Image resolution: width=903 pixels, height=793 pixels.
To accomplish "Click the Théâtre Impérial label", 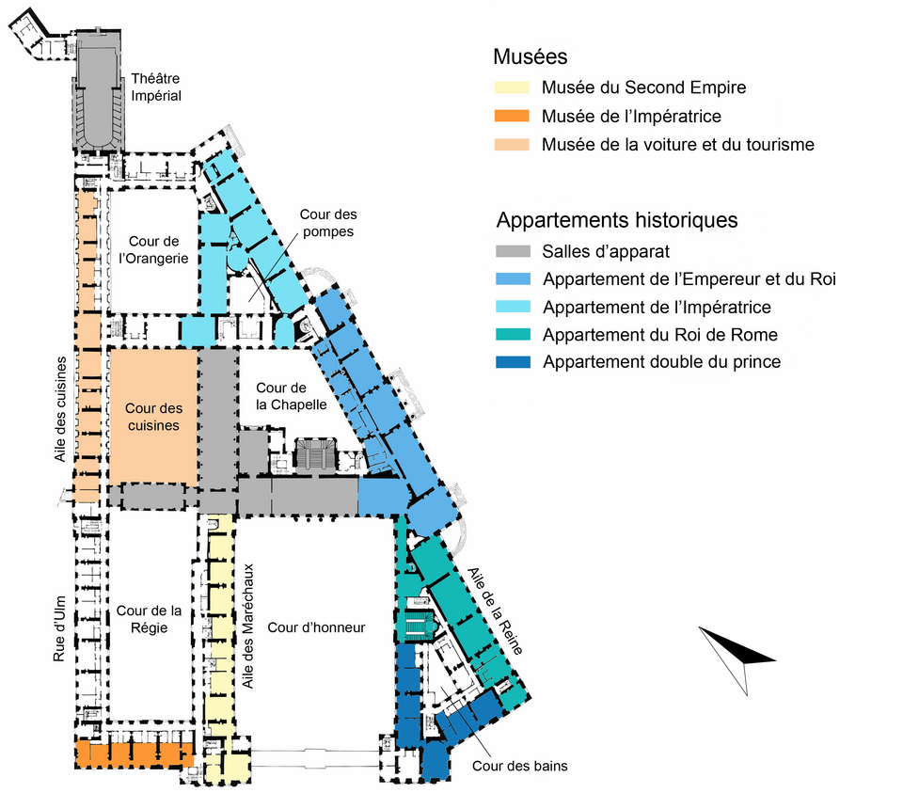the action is coord(156,87).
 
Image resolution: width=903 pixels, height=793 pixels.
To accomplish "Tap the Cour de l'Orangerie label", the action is coord(153,249).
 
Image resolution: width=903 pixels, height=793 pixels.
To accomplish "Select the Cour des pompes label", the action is coord(328,223).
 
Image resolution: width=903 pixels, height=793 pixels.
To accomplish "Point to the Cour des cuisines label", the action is coord(153,417).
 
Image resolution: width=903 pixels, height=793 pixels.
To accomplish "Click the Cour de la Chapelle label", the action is coord(292,396).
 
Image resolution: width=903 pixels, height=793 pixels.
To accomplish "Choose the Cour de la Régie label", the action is coord(150,619).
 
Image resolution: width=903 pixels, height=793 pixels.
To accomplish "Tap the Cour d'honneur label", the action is coord(316,627).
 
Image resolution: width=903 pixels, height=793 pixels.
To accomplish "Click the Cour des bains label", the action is coord(520,766).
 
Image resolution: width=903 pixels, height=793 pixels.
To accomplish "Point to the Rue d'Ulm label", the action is coord(59,629).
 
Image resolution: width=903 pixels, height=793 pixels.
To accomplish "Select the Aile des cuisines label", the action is coord(60,409).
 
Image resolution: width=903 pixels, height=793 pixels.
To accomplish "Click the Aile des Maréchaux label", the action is coord(248,626).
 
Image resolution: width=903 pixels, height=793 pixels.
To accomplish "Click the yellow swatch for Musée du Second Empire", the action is coord(512,87).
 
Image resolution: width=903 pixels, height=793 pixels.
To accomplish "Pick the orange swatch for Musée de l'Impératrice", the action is coord(512,117).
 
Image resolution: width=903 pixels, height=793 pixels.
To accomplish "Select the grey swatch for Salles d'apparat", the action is coord(514,252).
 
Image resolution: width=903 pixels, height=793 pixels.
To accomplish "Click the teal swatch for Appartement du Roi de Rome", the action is coord(514,335).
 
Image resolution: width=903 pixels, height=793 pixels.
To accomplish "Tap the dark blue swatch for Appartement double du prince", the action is coord(514,362).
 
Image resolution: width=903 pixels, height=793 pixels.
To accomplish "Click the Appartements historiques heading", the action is coord(617,220).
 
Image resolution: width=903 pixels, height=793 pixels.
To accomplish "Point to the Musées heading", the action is coord(531,56).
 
